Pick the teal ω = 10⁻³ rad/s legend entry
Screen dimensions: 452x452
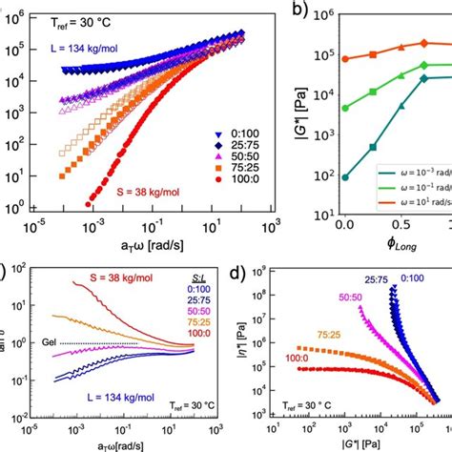[x=410, y=173]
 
